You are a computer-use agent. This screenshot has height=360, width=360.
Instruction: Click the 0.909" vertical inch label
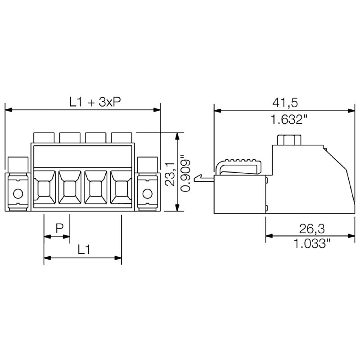pos(185,173)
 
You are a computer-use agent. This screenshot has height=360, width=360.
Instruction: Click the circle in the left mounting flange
pos(18,194)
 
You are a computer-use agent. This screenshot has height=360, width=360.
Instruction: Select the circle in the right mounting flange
pos(147,194)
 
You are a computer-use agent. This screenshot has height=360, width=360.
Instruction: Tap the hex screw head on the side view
pos(288,140)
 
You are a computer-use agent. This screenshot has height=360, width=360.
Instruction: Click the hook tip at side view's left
pos(196,179)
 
